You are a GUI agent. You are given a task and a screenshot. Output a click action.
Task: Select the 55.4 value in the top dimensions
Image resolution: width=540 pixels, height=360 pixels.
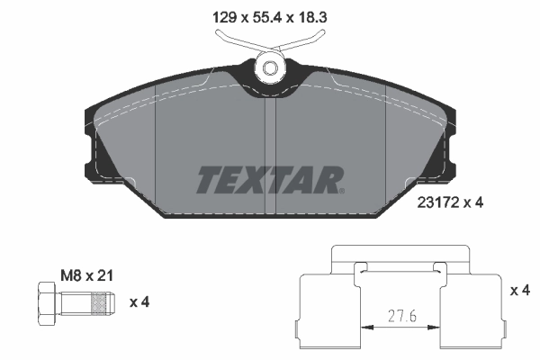pos(262,16)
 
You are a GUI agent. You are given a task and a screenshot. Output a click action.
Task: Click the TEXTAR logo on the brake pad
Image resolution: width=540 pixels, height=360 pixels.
pos(268,180)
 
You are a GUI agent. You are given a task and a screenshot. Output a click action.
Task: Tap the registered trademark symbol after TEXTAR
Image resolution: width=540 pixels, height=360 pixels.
pos(341,190)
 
